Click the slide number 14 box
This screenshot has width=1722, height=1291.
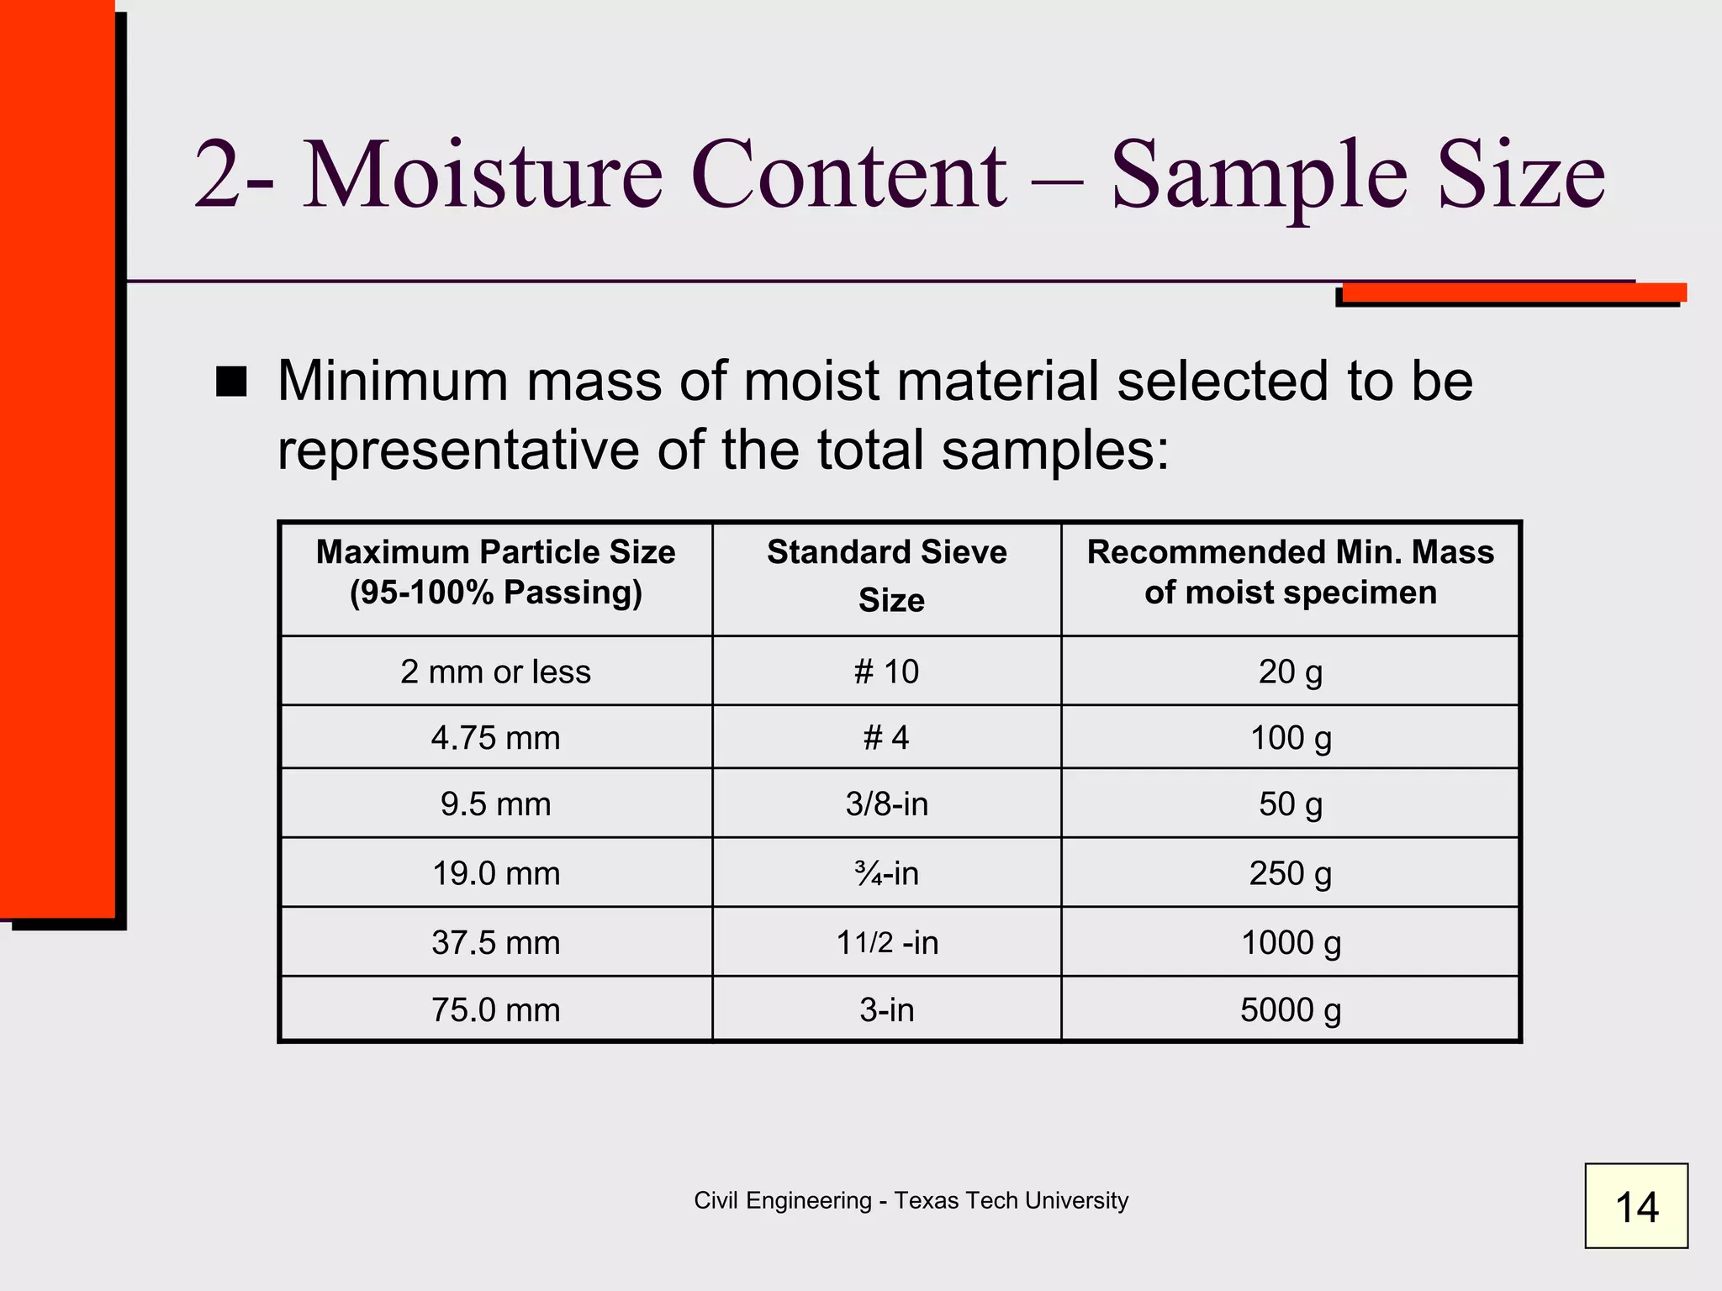pos(1635,1206)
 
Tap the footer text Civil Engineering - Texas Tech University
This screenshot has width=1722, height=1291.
pos(911,1200)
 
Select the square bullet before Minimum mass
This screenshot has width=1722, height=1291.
pos(231,382)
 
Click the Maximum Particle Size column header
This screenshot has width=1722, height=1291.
pos(495,572)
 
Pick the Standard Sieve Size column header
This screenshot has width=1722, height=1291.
pos(887,576)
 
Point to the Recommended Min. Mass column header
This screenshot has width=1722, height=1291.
pos(1290,572)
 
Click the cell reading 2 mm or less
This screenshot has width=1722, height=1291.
pos(495,672)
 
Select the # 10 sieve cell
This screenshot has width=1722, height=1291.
pos(886,672)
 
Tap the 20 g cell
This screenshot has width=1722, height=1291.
pos(1290,672)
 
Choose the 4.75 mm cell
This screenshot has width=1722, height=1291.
pos(495,738)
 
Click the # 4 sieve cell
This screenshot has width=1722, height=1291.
pos(886,738)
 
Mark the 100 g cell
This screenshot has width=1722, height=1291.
pos(1290,738)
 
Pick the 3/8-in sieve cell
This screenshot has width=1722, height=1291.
pos(886,804)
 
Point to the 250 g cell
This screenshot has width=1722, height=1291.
pos(1290,873)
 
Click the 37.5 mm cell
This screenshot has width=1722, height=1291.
pos(495,942)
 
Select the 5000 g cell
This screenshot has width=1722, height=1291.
pos(1290,1009)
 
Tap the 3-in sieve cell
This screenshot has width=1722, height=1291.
pos(886,1009)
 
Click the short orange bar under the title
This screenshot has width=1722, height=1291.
pos(1513,292)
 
